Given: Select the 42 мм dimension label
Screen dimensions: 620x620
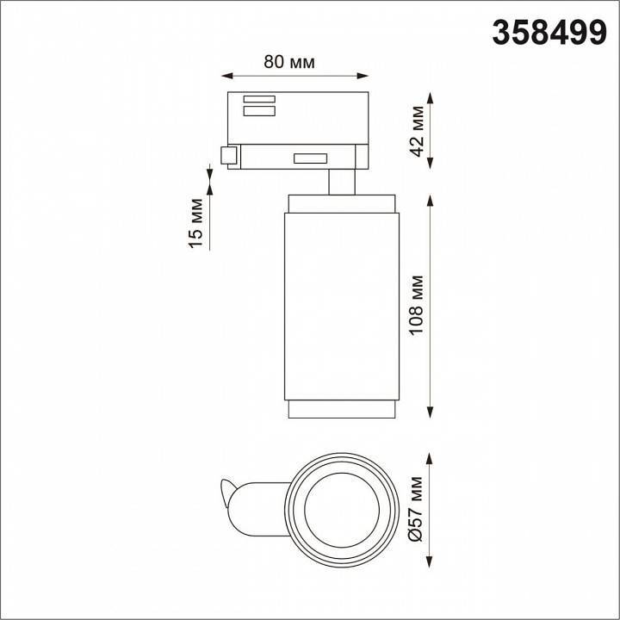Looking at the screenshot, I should coord(417,130).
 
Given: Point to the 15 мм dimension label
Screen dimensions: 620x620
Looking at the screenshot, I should coord(196,223).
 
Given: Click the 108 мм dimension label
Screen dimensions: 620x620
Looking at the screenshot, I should coord(418,307).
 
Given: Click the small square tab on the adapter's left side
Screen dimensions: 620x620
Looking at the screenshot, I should coord(229,156).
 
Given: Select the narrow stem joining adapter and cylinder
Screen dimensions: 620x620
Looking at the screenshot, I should coord(341,183).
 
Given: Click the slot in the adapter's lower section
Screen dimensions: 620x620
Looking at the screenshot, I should coord(309,158).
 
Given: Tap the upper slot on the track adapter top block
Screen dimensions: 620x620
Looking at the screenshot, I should coord(258,97).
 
